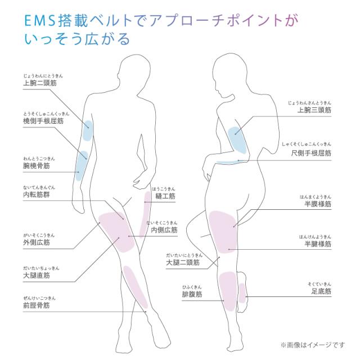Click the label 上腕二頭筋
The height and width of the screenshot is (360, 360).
point(39,83)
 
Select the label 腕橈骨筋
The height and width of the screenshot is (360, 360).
point(36,167)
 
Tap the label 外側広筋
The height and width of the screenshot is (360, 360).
point(36,242)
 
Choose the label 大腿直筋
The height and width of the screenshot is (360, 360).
point(36,276)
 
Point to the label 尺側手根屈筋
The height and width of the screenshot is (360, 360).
point(310,152)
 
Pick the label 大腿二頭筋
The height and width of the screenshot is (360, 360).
point(183,262)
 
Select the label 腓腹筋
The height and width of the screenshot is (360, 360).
point(191,293)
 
